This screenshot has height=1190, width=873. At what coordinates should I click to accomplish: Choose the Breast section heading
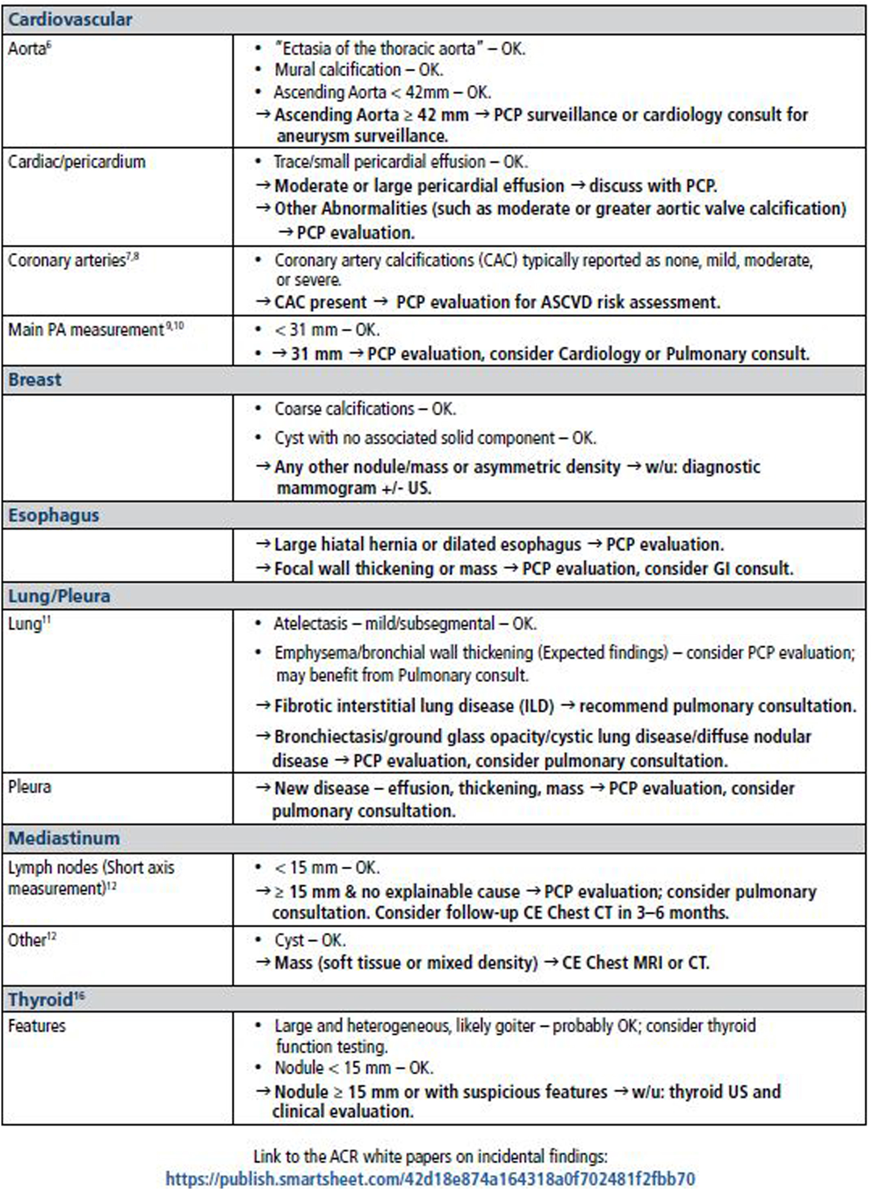tap(35, 380)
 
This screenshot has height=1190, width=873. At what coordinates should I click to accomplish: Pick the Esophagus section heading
tap(53, 515)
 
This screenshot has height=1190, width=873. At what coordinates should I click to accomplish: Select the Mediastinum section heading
tap(64, 838)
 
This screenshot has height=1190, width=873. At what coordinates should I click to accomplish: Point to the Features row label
tap(36, 1026)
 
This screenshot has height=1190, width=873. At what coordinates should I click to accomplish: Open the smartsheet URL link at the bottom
tap(430, 1178)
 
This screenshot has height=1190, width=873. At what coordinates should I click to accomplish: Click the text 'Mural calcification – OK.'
tap(359, 70)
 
